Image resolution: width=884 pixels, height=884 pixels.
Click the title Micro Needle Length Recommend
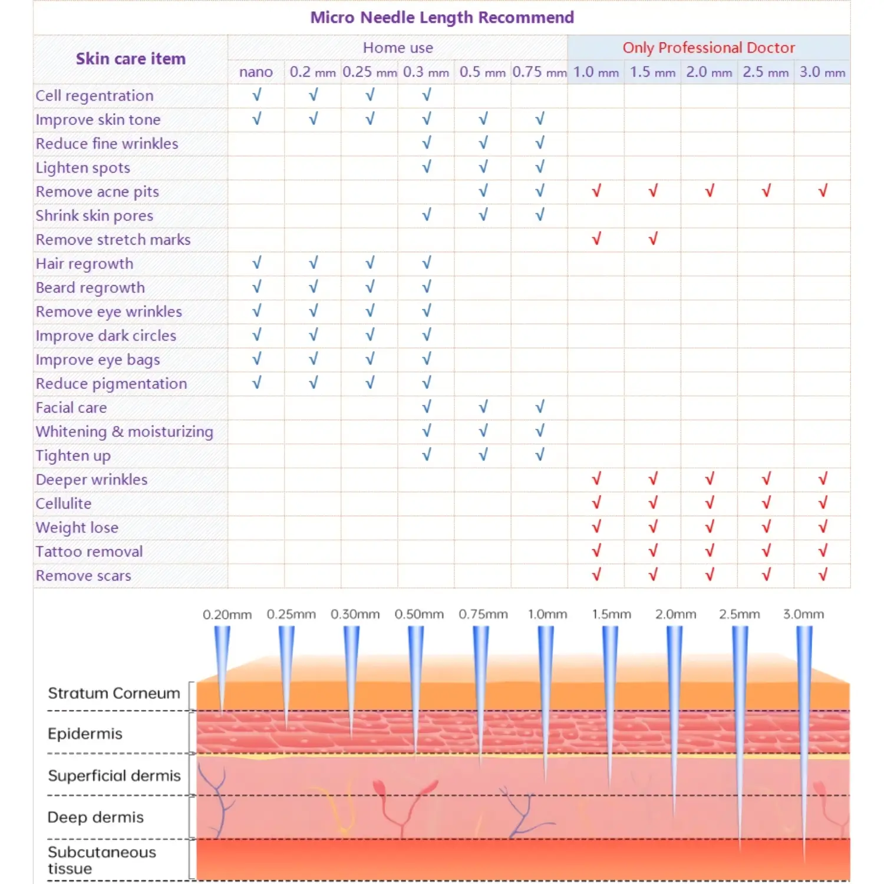(442, 18)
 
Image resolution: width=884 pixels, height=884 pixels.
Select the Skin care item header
(130, 59)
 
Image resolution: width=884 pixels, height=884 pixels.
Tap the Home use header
(398, 48)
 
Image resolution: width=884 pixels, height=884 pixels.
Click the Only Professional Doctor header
(708, 48)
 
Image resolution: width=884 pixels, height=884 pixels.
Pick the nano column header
(256, 72)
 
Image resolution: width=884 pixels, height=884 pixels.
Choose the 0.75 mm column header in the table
(539, 72)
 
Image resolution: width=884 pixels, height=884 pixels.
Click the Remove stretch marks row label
(113, 240)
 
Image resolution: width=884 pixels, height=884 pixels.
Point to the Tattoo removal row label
(89, 552)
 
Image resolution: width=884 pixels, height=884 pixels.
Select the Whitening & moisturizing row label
(124, 431)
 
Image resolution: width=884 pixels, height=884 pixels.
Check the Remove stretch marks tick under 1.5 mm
(652, 239)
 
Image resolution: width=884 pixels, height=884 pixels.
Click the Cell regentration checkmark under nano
(256, 95)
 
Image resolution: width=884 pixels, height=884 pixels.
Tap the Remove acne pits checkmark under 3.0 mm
(822, 190)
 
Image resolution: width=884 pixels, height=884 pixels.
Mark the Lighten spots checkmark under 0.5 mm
(483, 167)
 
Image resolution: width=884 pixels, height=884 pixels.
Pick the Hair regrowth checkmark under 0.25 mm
(370, 263)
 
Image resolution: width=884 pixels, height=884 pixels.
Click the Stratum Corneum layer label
(114, 693)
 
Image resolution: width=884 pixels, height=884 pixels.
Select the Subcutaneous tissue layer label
(101, 860)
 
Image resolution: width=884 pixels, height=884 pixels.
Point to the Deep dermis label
(95, 817)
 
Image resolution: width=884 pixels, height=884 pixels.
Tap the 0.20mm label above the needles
(227, 615)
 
